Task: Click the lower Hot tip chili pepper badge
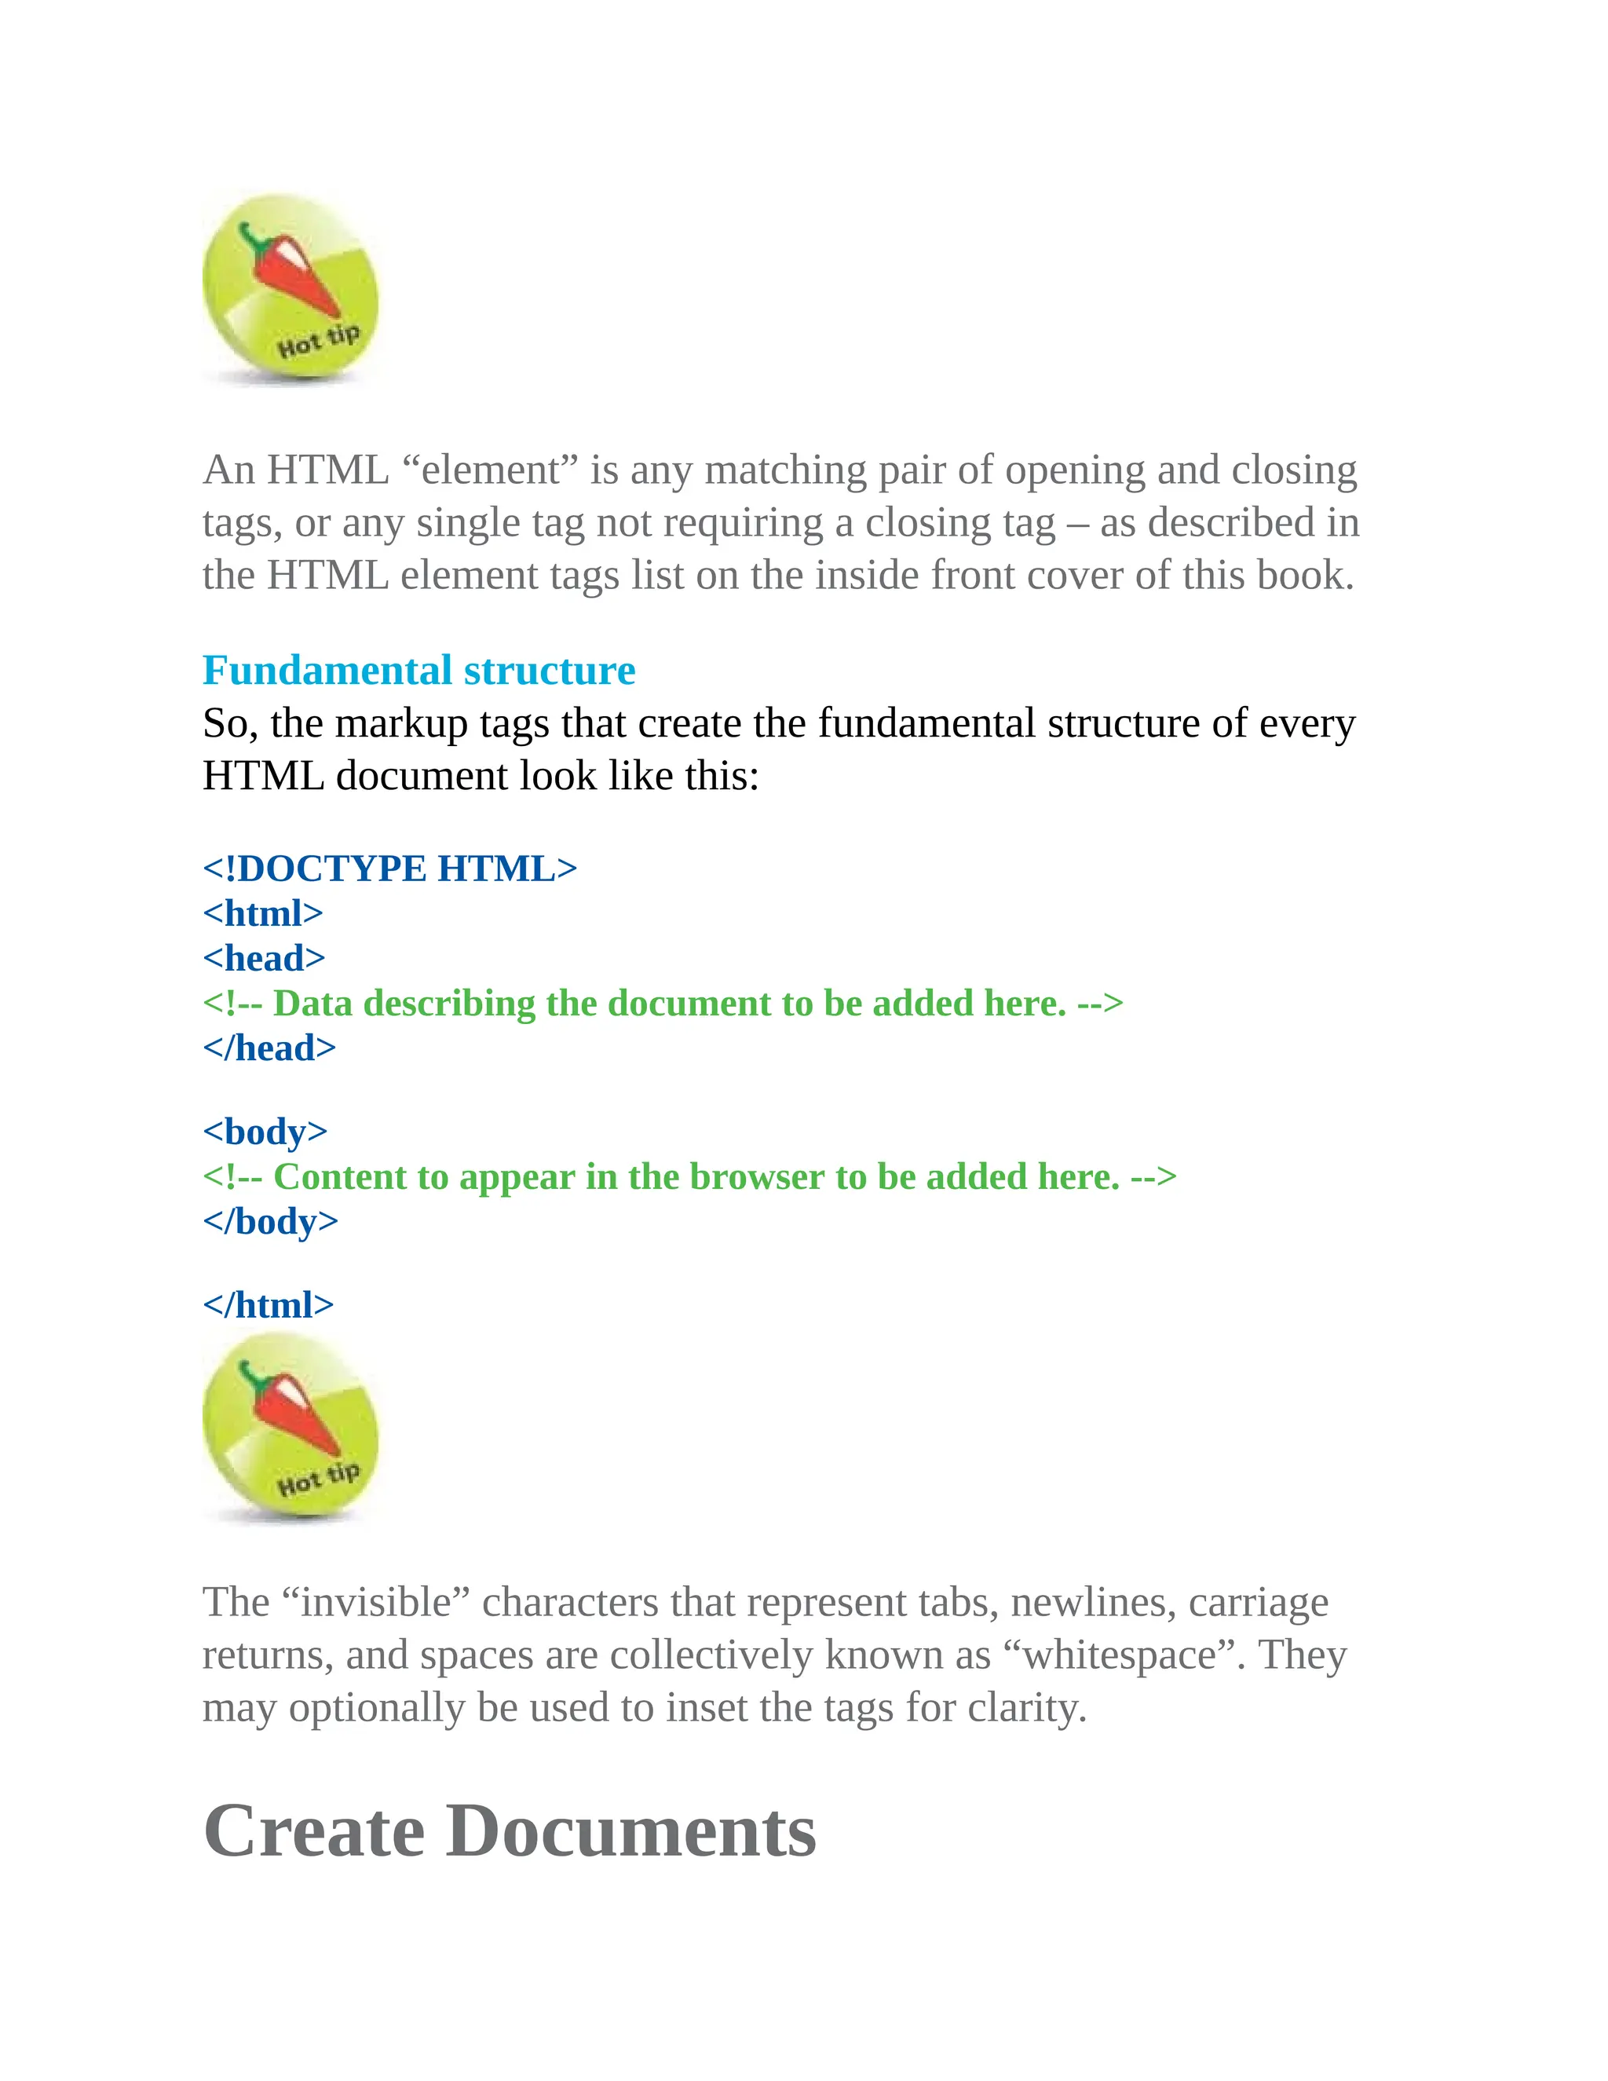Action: click(290, 1426)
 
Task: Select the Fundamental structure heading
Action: click(418, 670)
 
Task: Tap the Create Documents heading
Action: click(510, 1831)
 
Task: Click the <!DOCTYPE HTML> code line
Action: click(389, 868)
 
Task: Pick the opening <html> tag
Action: click(263, 912)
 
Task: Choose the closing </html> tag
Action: click(269, 1304)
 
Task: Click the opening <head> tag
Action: click(264, 957)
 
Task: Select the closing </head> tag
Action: click(269, 1048)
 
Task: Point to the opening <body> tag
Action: click(265, 1131)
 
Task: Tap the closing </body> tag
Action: click(271, 1222)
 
